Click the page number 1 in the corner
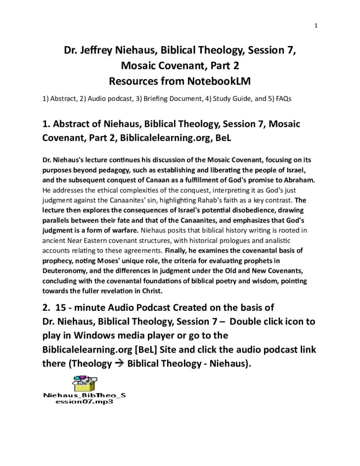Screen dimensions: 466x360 [x=315, y=25]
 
